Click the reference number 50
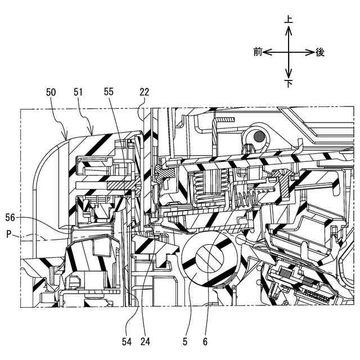(x=51, y=91)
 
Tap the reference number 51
(x=79, y=91)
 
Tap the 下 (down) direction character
(x=289, y=84)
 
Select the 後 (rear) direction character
(x=320, y=52)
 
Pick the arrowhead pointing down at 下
(x=289, y=75)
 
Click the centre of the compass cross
(x=289, y=52)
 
